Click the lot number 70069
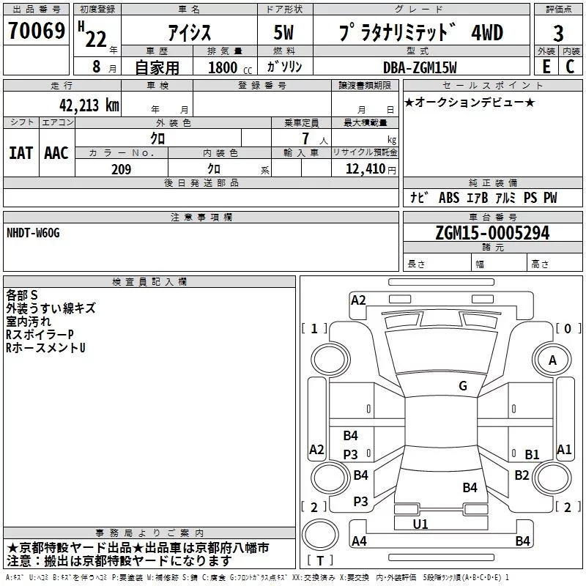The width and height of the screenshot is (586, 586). click(x=37, y=30)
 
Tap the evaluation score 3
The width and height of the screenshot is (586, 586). click(x=558, y=33)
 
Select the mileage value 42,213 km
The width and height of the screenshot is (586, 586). click(x=89, y=105)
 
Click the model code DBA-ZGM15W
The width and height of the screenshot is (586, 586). click(x=420, y=67)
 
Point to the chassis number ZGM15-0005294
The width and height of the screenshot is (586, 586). click(x=492, y=233)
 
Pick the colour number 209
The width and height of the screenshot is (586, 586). click(x=121, y=169)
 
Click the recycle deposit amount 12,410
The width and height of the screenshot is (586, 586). click(x=365, y=168)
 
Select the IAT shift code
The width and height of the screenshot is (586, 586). click(x=21, y=153)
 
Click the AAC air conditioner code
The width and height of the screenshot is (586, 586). click(x=56, y=153)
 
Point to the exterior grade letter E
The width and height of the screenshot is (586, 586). click(x=546, y=67)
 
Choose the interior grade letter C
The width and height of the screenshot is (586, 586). click(x=570, y=67)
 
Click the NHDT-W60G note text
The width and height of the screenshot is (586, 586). click(x=33, y=233)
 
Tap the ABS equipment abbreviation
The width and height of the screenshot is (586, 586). click(x=449, y=197)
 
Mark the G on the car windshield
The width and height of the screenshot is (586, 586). click(x=463, y=385)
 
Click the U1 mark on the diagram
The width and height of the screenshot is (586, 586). click(x=420, y=524)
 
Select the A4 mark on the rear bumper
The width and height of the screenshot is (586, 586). click(x=359, y=541)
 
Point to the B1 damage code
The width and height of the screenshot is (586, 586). click(x=532, y=454)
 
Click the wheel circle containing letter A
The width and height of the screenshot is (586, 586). click(x=552, y=360)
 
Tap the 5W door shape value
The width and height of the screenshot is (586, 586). click(x=283, y=32)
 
